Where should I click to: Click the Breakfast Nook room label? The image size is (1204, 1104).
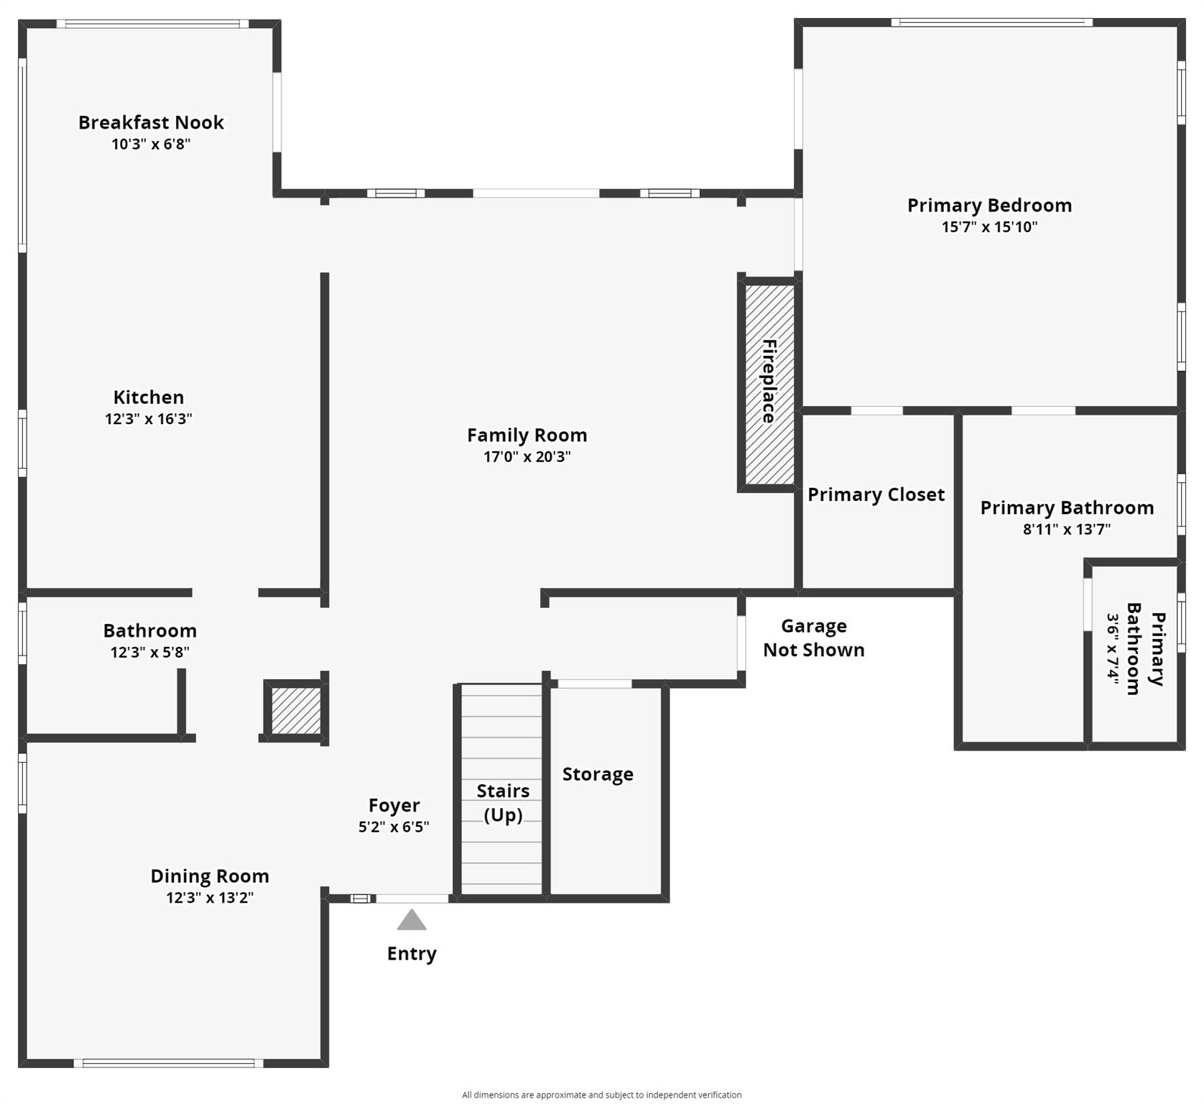click(x=151, y=122)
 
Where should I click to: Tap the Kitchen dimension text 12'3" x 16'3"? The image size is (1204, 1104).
click(x=149, y=419)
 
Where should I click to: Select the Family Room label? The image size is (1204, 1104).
click(x=527, y=435)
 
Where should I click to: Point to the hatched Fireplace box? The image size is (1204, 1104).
click(x=769, y=385)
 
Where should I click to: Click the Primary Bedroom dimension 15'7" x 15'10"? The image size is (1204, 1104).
click(x=990, y=227)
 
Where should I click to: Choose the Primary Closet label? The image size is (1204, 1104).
click(x=876, y=494)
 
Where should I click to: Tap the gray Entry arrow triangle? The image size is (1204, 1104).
click(x=412, y=920)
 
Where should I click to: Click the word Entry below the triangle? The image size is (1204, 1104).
click(x=412, y=954)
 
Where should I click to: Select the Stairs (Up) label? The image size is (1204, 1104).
click(x=503, y=803)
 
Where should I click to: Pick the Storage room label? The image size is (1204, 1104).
click(x=598, y=774)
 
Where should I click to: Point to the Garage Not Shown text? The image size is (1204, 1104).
click(x=814, y=638)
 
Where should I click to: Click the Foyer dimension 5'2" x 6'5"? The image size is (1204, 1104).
click(x=394, y=827)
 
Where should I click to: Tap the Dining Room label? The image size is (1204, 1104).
click(x=210, y=876)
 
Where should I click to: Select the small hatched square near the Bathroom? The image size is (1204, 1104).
click(x=296, y=711)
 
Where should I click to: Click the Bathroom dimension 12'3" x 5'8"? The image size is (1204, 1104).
click(x=149, y=653)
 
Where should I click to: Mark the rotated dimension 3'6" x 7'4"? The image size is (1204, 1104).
click(x=1113, y=650)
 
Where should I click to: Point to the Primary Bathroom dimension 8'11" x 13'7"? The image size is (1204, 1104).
click(x=1067, y=530)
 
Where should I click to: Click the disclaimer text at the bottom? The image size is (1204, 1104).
click(x=602, y=1095)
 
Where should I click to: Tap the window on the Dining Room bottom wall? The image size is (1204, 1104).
click(x=169, y=1063)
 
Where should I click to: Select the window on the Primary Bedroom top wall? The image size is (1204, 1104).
click(x=992, y=22)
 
